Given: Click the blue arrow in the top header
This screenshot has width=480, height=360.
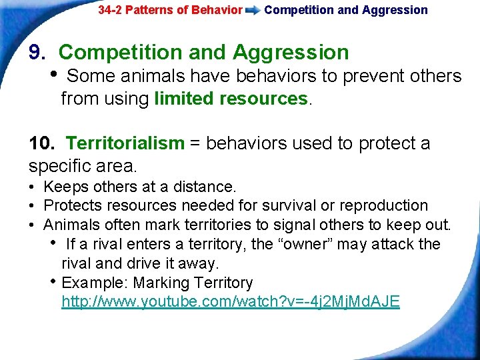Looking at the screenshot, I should point(253,11).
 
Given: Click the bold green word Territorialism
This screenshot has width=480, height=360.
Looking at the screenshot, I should point(125,143).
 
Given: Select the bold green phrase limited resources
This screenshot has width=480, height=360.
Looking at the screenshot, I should point(231,99).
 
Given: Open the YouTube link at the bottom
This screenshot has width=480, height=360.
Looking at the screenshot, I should point(231,301).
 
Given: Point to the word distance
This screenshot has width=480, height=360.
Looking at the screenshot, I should point(208,187).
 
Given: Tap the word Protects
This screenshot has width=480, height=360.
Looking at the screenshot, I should point(71,205).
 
